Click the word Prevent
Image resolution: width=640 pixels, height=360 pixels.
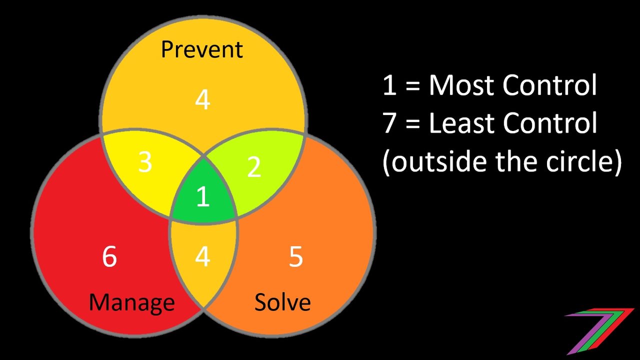(x=201, y=49)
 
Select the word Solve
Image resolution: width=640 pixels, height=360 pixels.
(x=282, y=302)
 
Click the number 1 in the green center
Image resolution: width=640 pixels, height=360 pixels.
(x=203, y=196)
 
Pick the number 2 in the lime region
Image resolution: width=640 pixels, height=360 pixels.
(x=253, y=167)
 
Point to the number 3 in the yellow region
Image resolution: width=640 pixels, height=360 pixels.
(x=145, y=162)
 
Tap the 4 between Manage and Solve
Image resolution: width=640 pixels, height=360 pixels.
(x=202, y=257)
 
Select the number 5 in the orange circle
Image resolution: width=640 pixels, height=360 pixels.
(x=295, y=257)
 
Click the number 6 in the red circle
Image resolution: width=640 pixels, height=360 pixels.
(x=109, y=257)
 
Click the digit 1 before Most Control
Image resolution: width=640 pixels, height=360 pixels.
(x=389, y=85)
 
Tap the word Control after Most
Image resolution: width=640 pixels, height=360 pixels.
(x=549, y=85)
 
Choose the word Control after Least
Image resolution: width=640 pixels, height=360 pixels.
(x=549, y=123)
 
